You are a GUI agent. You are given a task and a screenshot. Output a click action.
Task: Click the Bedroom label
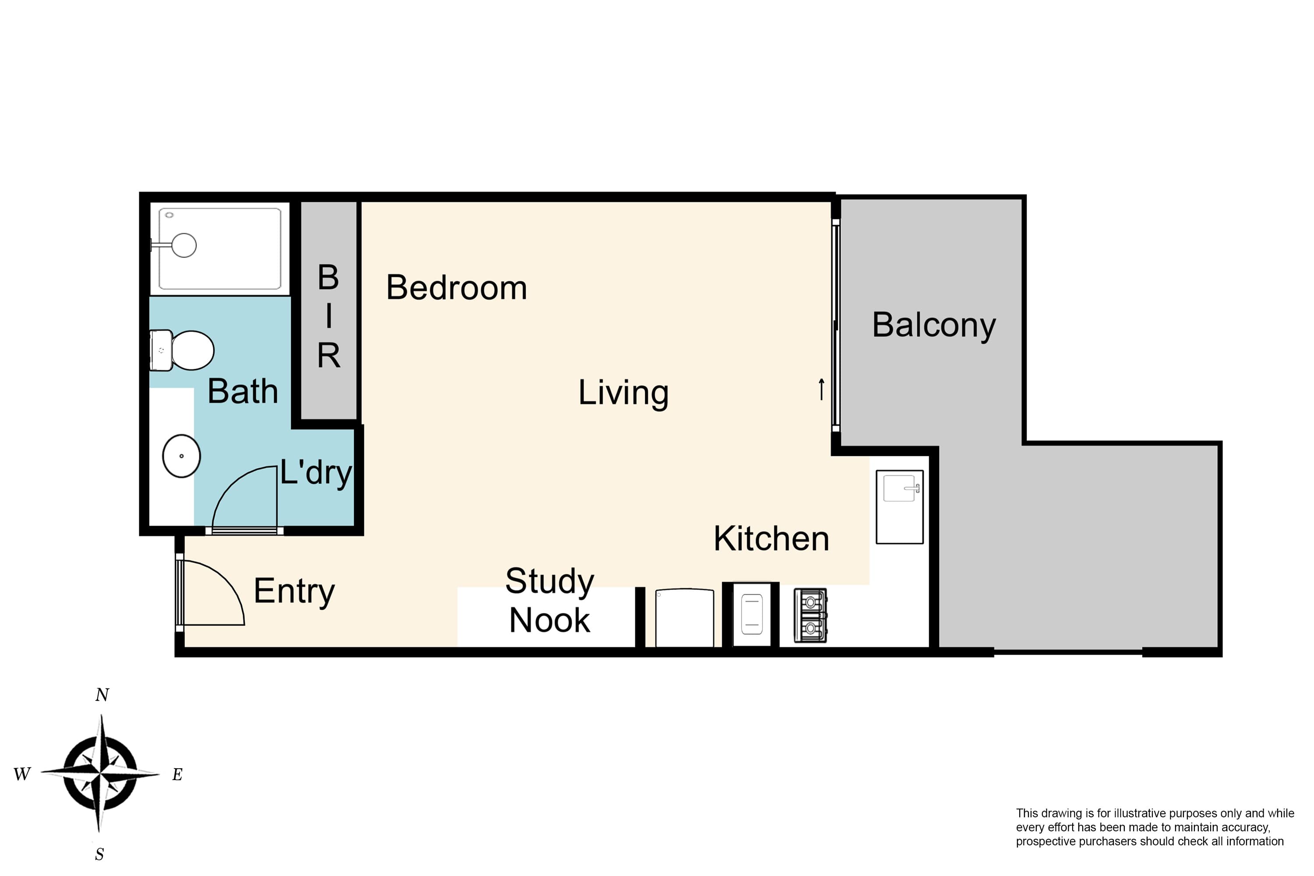(x=456, y=288)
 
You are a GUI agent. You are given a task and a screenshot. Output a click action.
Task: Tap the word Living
(x=623, y=393)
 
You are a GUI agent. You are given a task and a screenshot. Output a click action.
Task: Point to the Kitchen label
(x=771, y=539)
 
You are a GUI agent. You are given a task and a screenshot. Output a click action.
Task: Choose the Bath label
(x=243, y=391)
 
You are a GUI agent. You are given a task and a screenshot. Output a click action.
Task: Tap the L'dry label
(x=316, y=473)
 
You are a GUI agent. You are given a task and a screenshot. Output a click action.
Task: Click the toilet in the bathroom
(x=182, y=350)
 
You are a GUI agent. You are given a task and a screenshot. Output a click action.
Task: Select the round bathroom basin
(x=182, y=456)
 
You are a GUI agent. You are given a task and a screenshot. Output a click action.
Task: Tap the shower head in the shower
(x=183, y=245)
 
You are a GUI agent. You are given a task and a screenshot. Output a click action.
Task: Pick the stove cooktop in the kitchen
(x=810, y=615)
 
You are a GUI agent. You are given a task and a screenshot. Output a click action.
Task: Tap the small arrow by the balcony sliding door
(x=821, y=389)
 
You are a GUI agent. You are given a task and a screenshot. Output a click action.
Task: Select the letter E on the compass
(x=177, y=774)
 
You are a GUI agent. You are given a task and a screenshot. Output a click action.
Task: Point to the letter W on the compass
(x=22, y=774)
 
